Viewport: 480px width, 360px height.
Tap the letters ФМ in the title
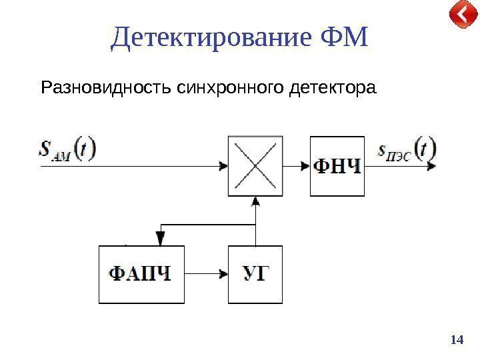[x=344, y=39]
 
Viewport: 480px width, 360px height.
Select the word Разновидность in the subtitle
[x=108, y=87]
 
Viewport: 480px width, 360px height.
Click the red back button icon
[x=462, y=15]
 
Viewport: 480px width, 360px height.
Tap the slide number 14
[x=457, y=340]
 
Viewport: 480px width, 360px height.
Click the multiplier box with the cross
[x=255, y=166]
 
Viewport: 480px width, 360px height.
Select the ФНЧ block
[x=337, y=166]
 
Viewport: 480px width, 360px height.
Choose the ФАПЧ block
[x=141, y=274]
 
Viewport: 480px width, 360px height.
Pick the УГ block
[x=255, y=274]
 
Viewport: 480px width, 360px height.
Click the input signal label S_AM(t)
[x=67, y=149]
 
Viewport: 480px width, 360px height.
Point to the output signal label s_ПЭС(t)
[x=407, y=149]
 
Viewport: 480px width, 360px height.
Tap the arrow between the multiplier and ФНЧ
[x=297, y=166]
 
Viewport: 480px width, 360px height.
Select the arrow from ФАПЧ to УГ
[x=205, y=274]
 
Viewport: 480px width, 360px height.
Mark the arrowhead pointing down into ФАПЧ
[x=160, y=238]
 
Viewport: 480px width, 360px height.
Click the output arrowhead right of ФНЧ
[x=433, y=166]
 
